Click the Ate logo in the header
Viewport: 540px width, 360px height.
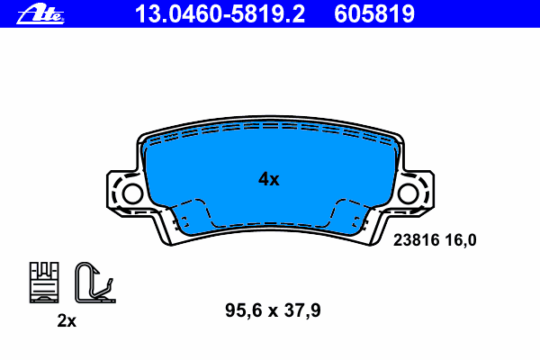click(x=40, y=13)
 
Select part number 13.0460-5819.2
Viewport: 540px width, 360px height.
click(x=220, y=14)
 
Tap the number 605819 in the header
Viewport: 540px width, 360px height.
click(x=374, y=14)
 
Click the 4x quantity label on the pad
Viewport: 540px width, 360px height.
click(x=269, y=179)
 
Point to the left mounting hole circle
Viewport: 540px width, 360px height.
click(x=132, y=193)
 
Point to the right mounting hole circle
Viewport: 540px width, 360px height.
click(x=408, y=193)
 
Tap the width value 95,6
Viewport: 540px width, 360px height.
click(x=244, y=310)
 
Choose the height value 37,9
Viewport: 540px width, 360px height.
click(x=302, y=310)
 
